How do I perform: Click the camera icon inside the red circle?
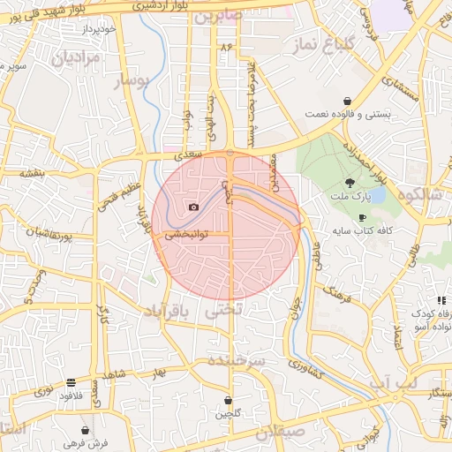[x=193, y=207]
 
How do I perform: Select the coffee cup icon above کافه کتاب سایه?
[x=361, y=217]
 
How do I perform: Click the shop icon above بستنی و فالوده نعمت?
[x=350, y=101]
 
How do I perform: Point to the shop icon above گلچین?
[x=228, y=401]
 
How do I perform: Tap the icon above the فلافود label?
[x=70, y=383]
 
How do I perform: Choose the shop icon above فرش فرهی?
[x=85, y=430]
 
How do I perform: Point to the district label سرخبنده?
[x=237, y=360]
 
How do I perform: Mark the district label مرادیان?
[x=78, y=58]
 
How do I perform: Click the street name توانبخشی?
[x=187, y=236]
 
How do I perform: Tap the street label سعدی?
[x=187, y=154]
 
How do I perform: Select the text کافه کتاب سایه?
[x=362, y=230]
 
